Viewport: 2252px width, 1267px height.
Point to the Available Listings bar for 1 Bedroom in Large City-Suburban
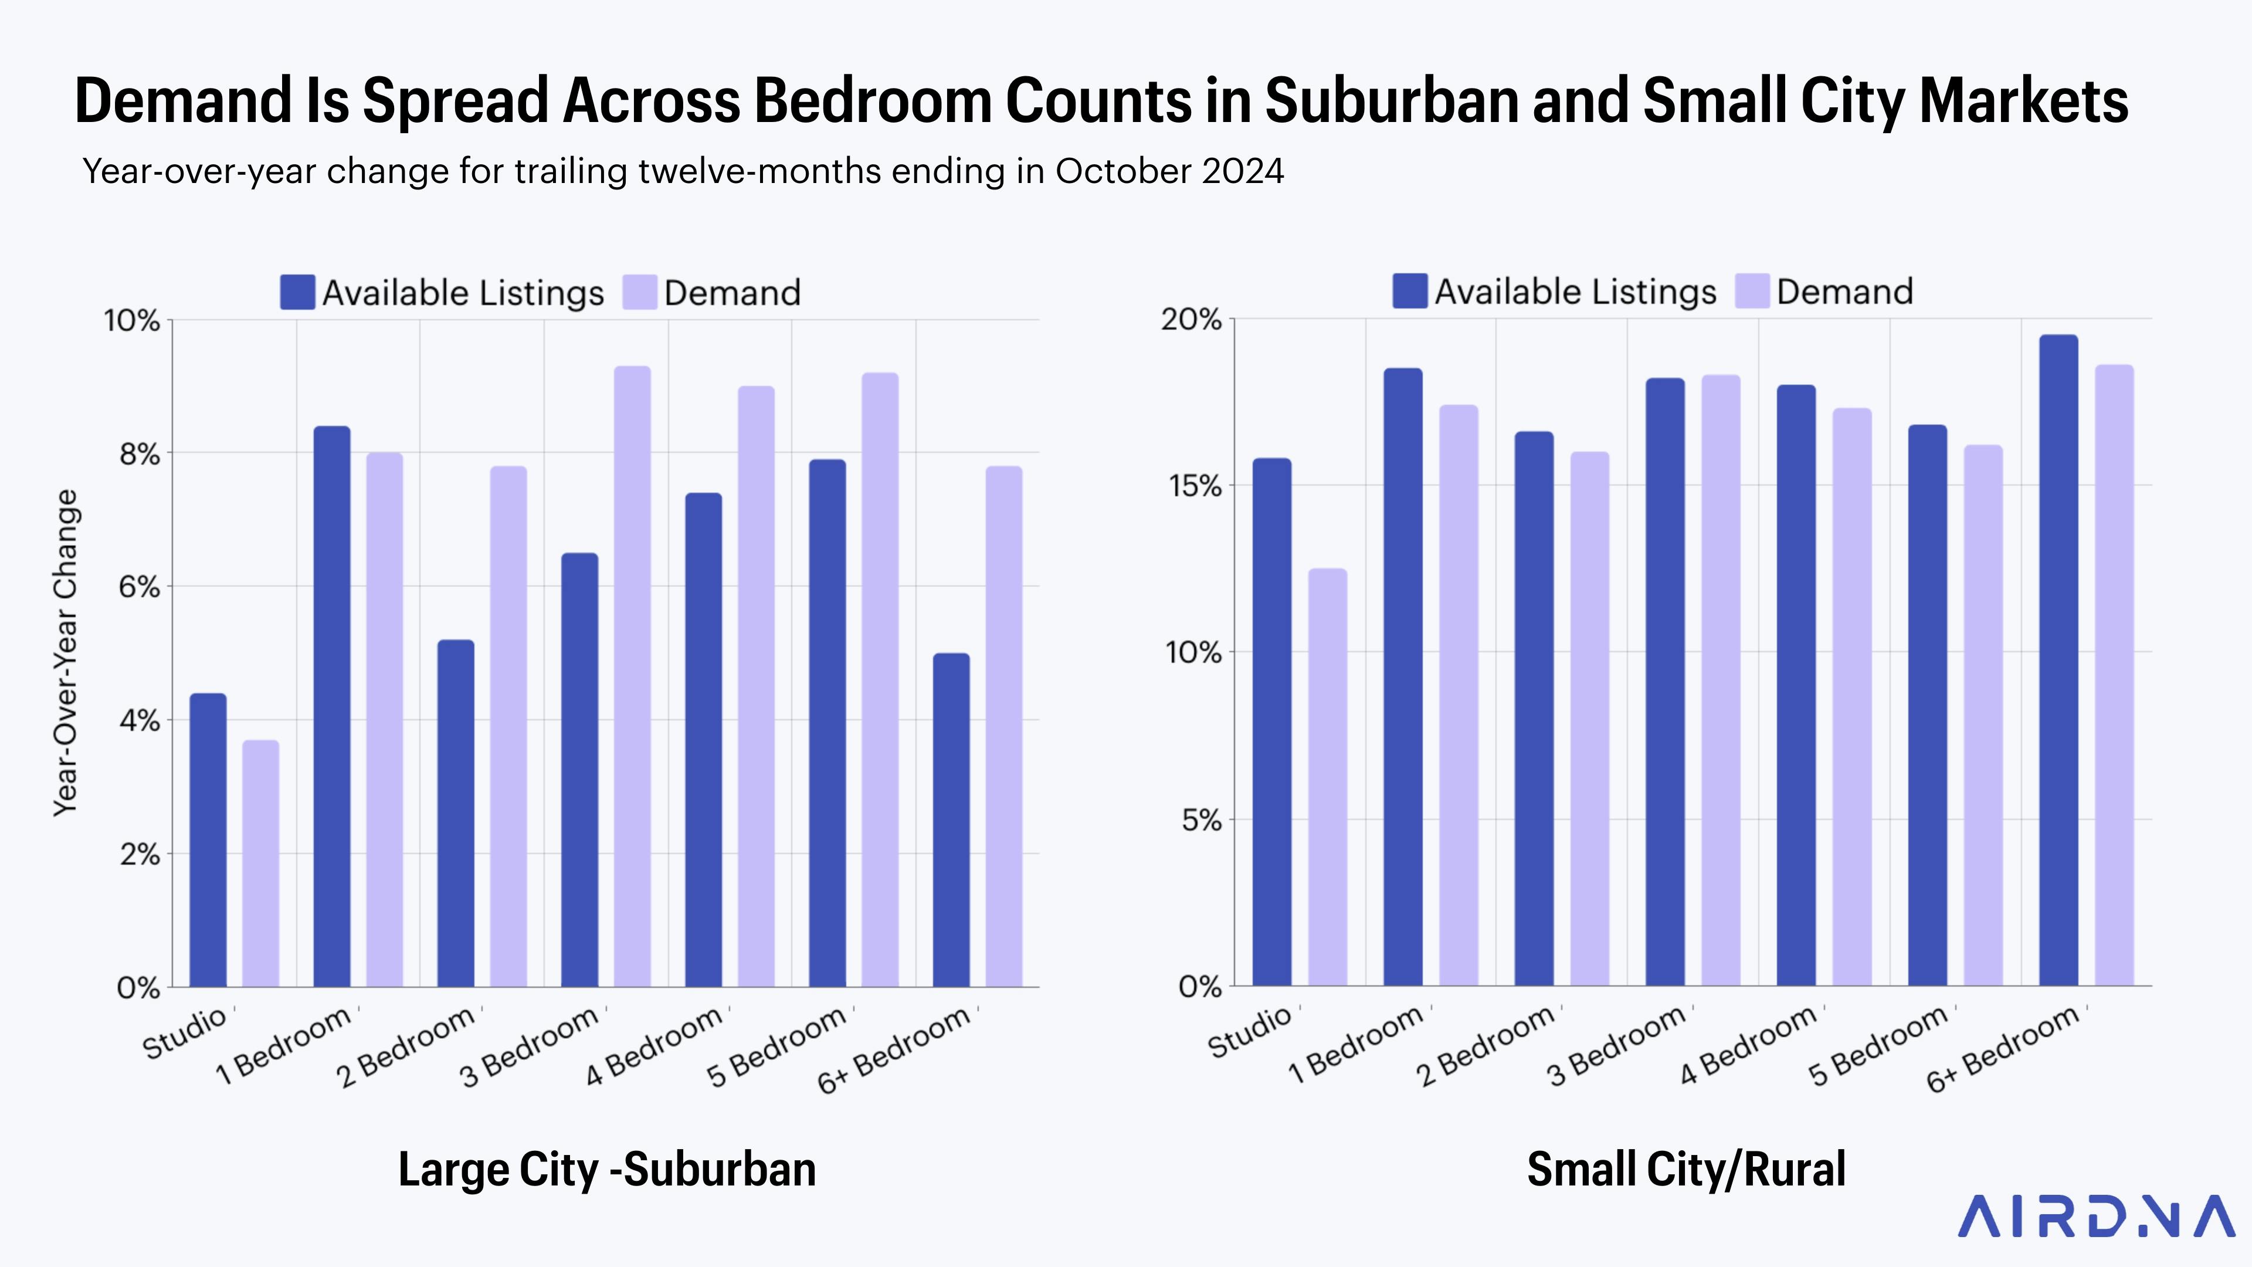click(331, 706)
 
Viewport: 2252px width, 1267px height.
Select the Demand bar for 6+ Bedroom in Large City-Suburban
click(1003, 727)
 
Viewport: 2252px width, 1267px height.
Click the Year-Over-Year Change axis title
click(66, 653)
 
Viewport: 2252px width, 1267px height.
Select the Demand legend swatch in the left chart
click(639, 293)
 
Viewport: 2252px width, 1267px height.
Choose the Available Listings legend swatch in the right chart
click(1409, 291)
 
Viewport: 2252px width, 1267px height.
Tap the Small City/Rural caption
click(1685, 1169)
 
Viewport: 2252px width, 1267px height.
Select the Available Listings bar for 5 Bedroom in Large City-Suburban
click(827, 723)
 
